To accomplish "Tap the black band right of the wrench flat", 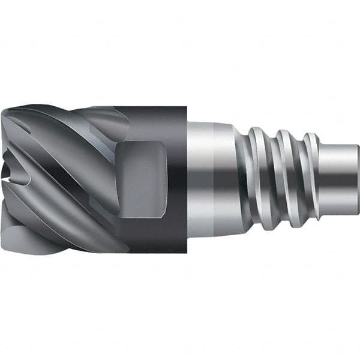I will (177, 180).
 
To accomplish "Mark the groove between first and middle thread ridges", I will (271, 180).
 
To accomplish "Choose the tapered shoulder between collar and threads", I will (239, 174).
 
